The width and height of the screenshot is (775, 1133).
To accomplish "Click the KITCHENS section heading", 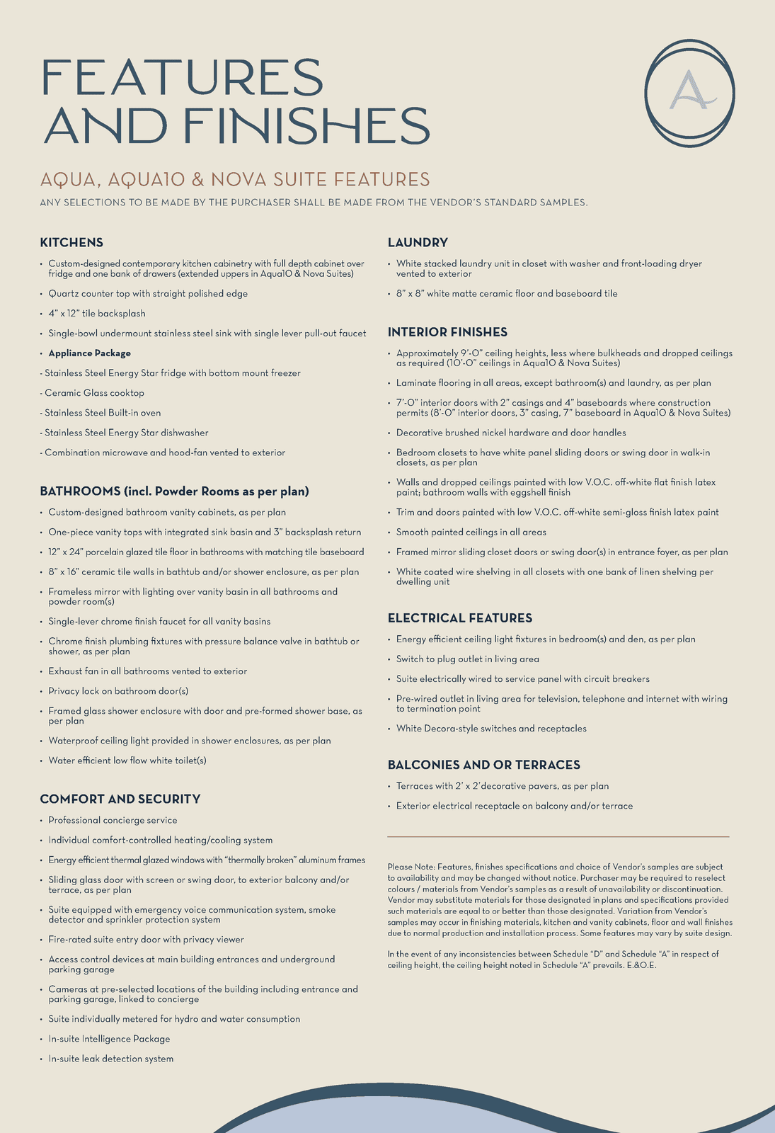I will [x=71, y=243].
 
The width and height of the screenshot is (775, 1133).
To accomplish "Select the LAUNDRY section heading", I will [x=418, y=243].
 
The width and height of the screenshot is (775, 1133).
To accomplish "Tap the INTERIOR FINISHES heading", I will [x=447, y=332].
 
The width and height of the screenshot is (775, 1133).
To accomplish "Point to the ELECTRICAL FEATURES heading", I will [x=460, y=618].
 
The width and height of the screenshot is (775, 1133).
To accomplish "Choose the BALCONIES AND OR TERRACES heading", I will [x=484, y=765].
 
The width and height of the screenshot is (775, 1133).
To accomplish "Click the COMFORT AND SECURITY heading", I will [x=120, y=799].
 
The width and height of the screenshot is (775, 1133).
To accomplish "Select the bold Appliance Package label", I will [x=89, y=353].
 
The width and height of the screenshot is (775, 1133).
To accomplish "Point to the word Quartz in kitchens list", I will [x=63, y=294].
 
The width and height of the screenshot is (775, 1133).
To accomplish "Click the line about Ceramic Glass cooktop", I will [x=94, y=393].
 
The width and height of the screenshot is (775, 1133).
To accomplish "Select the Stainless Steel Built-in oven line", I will [x=103, y=413].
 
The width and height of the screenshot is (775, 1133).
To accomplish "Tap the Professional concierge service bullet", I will [x=113, y=821].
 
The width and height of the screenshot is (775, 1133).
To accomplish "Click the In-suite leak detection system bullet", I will [x=110, y=1059].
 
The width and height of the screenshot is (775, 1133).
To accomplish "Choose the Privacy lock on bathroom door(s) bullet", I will [x=118, y=691].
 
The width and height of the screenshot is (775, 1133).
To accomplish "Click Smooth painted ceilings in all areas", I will [x=471, y=533].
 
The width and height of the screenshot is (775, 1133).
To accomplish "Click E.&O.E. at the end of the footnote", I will [x=641, y=965].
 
